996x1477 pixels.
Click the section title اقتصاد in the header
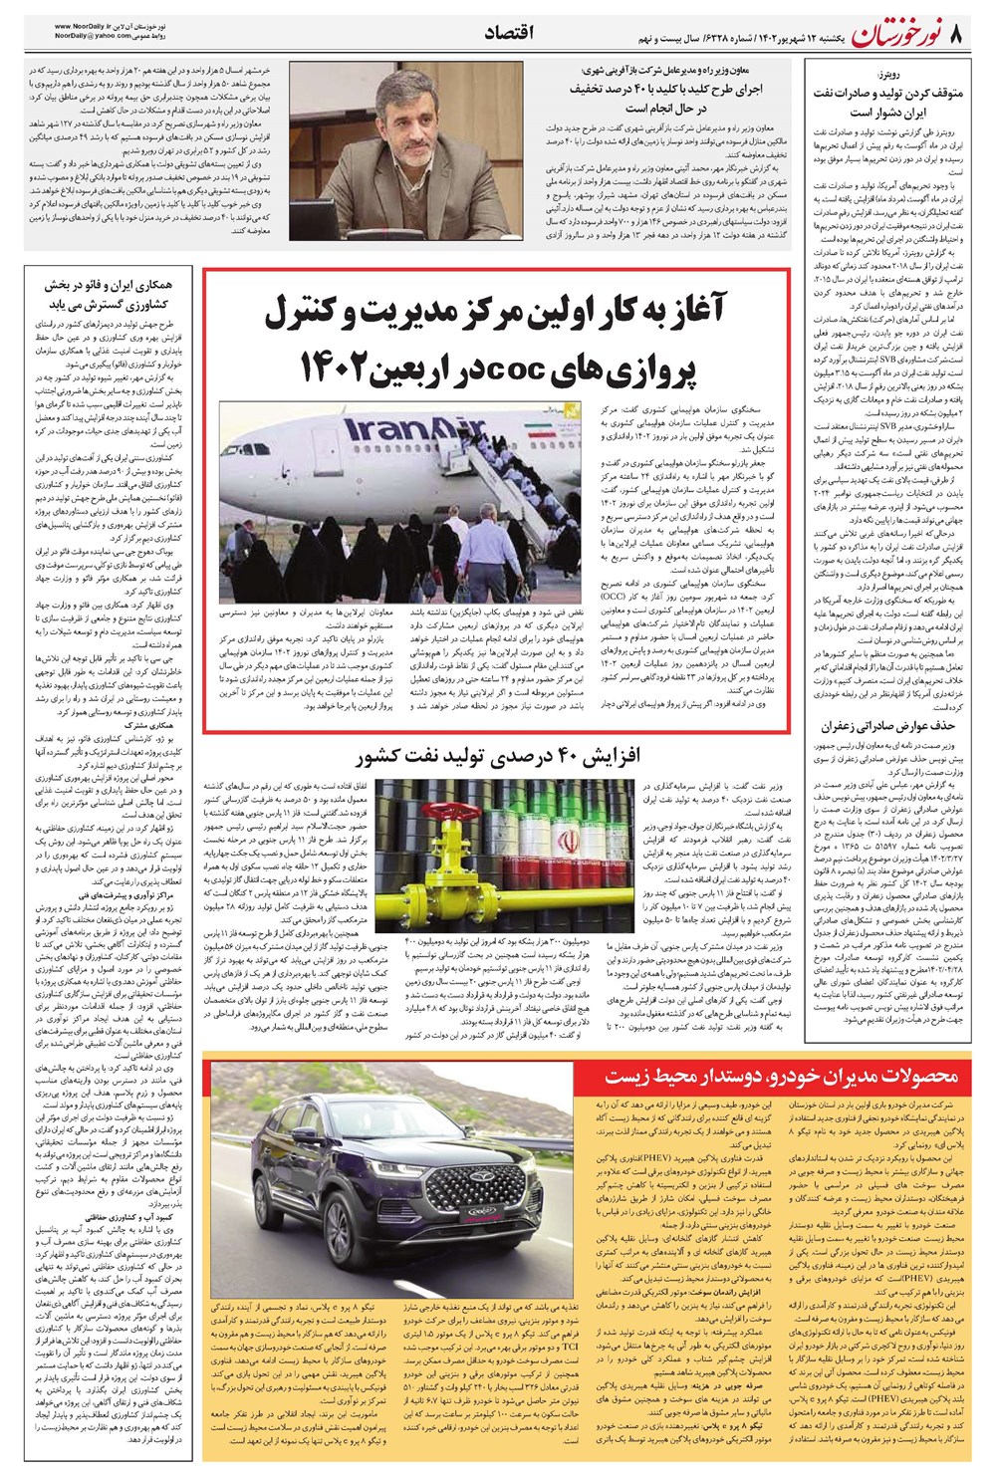pyautogui.click(x=508, y=33)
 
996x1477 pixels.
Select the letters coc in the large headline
pyautogui.click(x=529, y=368)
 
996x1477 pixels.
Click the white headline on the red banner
pyautogui.click(x=782, y=1077)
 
